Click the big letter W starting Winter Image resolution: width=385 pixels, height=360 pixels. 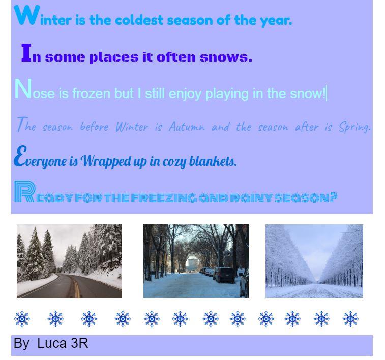coord(27,15)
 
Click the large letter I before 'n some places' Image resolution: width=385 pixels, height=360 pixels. coord(26,52)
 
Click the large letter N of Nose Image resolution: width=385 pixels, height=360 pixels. coord(23,88)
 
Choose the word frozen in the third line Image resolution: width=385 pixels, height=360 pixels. coord(92,94)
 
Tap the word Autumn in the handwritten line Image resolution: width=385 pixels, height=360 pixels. coord(187,127)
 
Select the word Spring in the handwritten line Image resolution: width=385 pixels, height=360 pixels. coord(354,127)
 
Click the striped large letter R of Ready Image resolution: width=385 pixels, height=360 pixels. coord(24,191)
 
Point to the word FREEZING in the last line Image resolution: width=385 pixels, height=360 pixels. coord(164,198)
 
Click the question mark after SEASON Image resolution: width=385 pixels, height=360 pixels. coord(333,198)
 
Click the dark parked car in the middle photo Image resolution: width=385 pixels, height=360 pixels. coord(224,275)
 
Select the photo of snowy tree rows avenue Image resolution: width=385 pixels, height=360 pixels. coord(314,261)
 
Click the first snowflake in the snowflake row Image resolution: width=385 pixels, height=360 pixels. coord(22,319)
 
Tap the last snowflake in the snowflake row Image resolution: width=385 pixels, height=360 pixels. coord(350,319)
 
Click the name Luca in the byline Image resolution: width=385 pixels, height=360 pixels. coord(52,343)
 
